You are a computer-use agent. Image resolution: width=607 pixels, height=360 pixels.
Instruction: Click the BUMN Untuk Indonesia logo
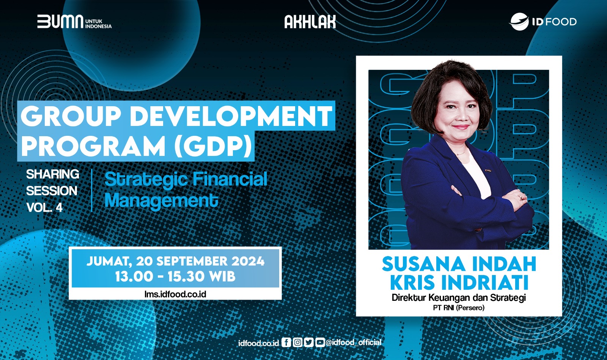[x=74, y=22]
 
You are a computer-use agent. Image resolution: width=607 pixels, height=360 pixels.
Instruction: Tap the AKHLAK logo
[x=310, y=22]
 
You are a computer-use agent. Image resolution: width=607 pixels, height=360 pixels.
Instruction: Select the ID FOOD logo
[x=543, y=22]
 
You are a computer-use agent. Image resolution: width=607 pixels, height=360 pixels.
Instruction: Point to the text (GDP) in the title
[x=213, y=146]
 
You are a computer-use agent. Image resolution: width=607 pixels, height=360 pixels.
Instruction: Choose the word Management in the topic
[x=161, y=201]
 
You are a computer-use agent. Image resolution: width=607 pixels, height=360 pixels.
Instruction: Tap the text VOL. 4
[x=44, y=208]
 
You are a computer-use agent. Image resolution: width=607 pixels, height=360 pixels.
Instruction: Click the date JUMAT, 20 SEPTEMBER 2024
[x=175, y=261]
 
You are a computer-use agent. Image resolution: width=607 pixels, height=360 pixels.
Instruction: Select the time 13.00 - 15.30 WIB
[x=175, y=277]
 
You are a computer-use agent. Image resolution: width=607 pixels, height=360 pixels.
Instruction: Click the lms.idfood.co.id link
[x=175, y=294]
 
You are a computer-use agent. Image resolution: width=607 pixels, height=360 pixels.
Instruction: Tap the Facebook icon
[x=286, y=343]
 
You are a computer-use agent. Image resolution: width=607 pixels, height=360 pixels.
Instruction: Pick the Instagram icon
[x=297, y=343]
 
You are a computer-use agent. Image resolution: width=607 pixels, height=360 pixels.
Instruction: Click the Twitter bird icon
[x=309, y=343]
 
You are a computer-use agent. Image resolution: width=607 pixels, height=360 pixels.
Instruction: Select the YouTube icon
[x=320, y=343]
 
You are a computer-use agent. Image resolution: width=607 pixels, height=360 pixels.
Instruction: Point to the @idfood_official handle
[x=354, y=343]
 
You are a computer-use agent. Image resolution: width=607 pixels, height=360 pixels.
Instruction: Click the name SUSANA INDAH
[x=459, y=264]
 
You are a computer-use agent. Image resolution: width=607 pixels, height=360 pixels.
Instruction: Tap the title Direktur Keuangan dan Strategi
[x=459, y=297]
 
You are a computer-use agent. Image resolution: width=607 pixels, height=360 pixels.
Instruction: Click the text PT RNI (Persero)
[x=459, y=308]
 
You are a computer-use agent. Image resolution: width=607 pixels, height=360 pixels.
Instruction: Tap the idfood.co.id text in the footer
[x=259, y=343]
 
